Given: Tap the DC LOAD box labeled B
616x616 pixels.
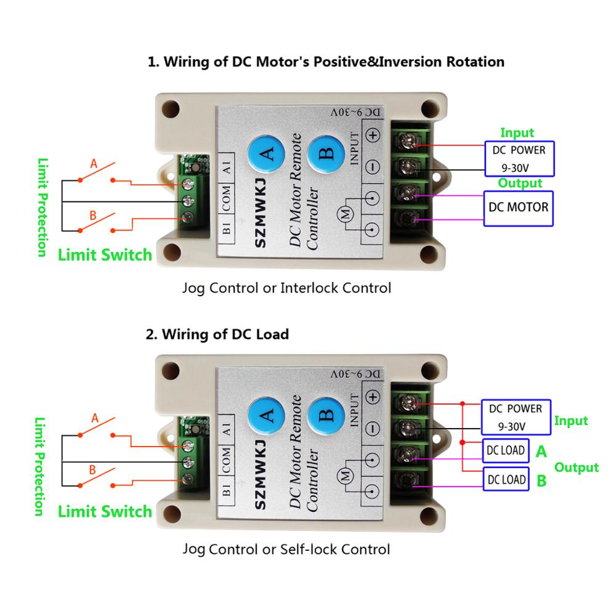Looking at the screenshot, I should point(506,479).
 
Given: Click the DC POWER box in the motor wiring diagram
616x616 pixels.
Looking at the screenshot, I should point(519,158).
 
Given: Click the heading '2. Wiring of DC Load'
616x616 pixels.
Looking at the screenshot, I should point(217,334).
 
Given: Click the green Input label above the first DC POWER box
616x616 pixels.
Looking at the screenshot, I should point(517,132).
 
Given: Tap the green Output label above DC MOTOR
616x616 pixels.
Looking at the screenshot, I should point(520,183).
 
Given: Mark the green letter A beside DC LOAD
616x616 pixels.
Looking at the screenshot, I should point(541,452).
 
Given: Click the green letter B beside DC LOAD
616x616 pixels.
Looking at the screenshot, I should point(541,480).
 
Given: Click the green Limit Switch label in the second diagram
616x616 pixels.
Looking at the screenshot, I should point(105,511).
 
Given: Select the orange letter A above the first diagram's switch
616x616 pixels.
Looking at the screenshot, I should point(94,164).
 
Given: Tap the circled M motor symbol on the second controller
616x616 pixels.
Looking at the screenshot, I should point(346,476).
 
